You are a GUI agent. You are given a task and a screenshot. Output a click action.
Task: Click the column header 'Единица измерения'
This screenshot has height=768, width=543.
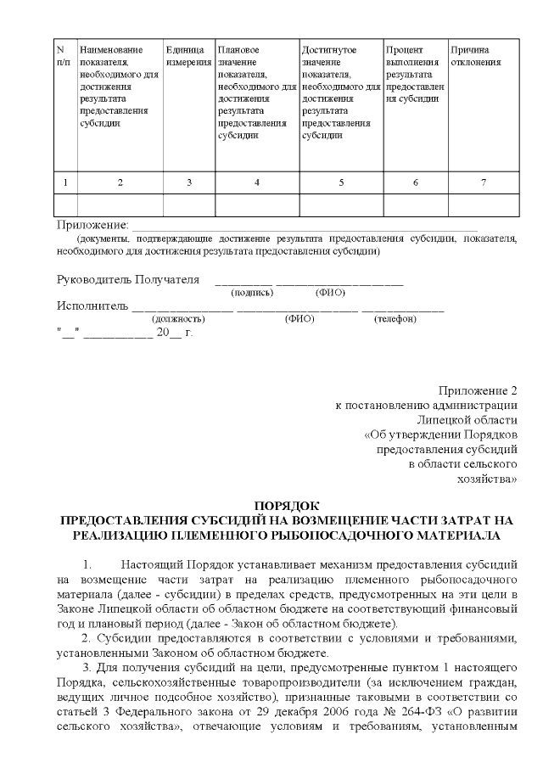pos(188,56)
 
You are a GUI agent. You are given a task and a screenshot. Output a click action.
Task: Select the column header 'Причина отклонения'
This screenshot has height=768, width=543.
pos(475,56)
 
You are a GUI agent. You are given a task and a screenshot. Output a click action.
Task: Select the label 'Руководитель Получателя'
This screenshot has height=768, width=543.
pos(128,280)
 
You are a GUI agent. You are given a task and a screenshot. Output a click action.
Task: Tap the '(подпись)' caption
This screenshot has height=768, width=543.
pos(252,293)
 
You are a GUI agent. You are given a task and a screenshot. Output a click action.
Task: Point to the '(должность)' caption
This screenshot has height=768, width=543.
pos(177,319)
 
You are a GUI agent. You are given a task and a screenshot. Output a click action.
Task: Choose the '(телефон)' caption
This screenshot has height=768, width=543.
pos(395,319)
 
